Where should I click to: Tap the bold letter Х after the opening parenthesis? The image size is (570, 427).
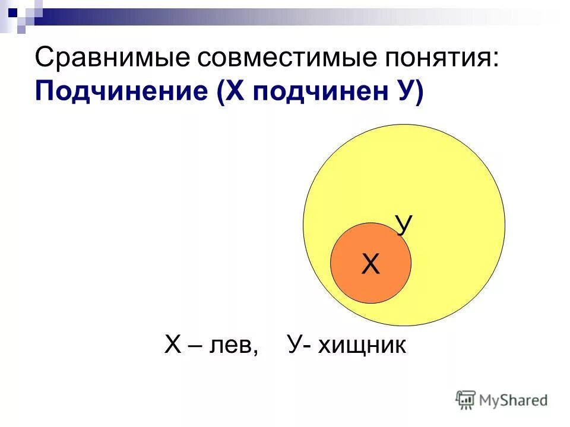point(233,93)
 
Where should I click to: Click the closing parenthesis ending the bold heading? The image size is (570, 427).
point(420,94)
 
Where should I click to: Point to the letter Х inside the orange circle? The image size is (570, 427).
point(371,264)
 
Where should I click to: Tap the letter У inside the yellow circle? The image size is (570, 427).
point(404,226)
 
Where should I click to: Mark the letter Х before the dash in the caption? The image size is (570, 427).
point(172,345)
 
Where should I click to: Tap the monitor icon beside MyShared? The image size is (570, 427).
point(466,400)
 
